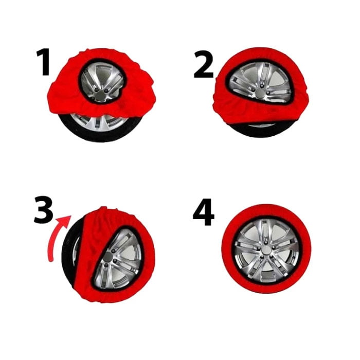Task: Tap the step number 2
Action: click(x=204, y=64)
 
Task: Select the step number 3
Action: click(x=44, y=209)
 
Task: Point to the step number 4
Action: click(x=204, y=212)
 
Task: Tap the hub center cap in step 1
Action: click(x=100, y=96)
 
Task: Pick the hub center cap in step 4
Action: click(x=266, y=249)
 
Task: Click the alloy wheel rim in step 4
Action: click(x=266, y=250)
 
